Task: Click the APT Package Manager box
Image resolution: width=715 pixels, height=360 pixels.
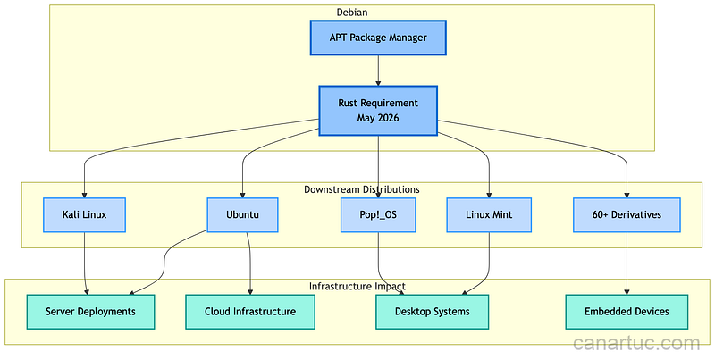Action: pyautogui.click(x=378, y=38)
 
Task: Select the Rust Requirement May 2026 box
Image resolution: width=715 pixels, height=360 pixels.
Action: pyautogui.click(x=378, y=111)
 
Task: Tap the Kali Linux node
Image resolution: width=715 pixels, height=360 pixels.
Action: pyautogui.click(x=84, y=215)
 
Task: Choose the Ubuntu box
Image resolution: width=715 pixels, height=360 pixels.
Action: pyautogui.click(x=242, y=215)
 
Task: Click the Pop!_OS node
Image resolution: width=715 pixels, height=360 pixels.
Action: pyautogui.click(x=378, y=215)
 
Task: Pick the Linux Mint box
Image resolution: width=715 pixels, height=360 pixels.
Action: pyautogui.click(x=489, y=215)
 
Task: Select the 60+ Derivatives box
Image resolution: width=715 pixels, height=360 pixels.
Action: pyautogui.click(x=627, y=215)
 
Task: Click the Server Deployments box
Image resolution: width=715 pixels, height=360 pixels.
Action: pyautogui.click(x=90, y=312)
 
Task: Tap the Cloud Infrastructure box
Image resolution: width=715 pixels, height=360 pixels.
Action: pyautogui.click(x=251, y=312)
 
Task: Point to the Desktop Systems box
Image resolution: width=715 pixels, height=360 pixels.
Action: pyautogui.click(x=433, y=312)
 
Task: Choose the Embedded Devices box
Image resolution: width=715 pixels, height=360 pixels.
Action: pyautogui.click(x=627, y=312)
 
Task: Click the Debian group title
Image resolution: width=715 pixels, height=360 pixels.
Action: pyautogui.click(x=352, y=13)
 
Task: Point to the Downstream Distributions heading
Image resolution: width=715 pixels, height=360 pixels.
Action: pyautogui.click(x=361, y=189)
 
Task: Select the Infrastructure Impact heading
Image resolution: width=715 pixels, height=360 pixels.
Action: pyautogui.click(x=357, y=286)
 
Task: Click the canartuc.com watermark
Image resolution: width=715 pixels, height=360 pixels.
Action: pyautogui.click(x=636, y=343)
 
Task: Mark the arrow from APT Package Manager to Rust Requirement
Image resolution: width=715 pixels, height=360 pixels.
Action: pyautogui.click(x=378, y=71)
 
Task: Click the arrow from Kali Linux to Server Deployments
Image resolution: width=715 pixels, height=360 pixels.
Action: pyautogui.click(x=85, y=264)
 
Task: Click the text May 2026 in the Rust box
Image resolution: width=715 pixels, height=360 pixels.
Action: pyautogui.click(x=378, y=119)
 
